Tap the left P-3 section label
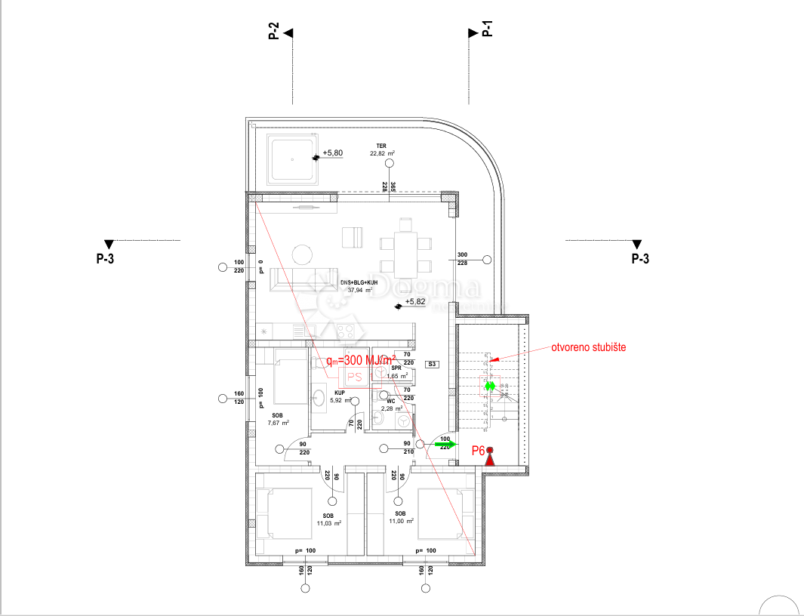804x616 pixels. [x=105, y=259]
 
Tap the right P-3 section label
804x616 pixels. [x=639, y=259]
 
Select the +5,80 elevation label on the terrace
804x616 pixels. [x=332, y=153]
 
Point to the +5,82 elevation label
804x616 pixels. [x=415, y=302]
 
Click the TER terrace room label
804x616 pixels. [x=382, y=146]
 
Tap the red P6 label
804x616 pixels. [x=477, y=451]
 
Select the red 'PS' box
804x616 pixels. [x=354, y=376]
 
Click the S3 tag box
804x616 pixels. [x=432, y=365]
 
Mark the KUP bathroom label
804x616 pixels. [x=340, y=393]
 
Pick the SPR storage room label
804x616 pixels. [x=396, y=368]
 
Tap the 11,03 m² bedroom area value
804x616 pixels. [x=328, y=522]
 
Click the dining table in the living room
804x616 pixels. [x=405, y=245]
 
